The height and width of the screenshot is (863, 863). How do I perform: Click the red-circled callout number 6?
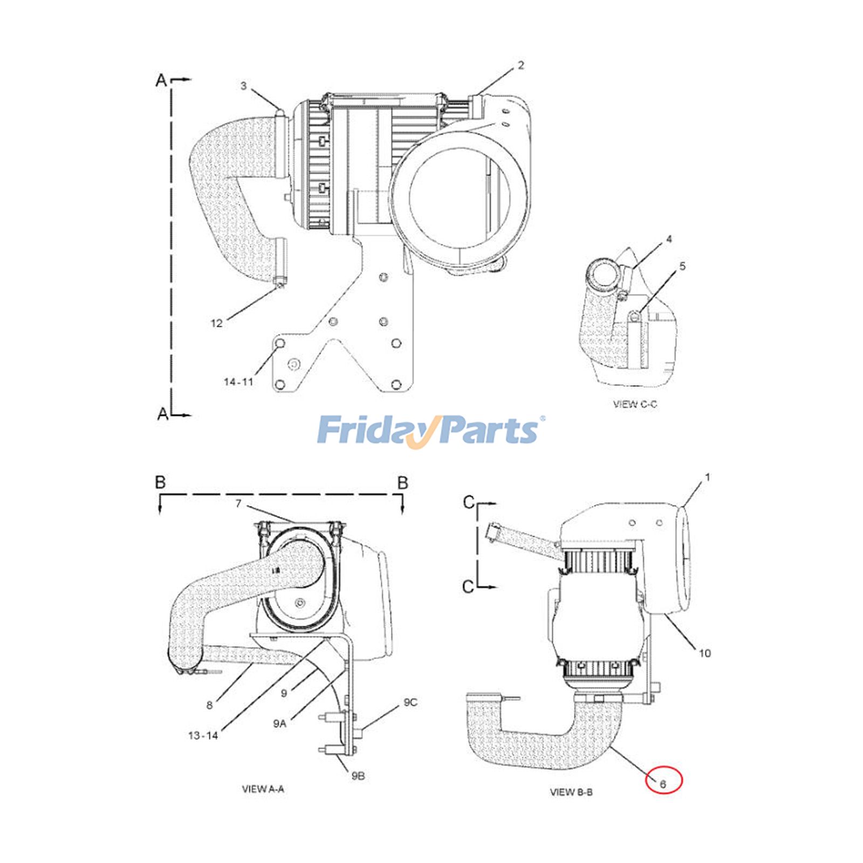(x=663, y=784)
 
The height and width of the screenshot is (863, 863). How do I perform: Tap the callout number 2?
(x=520, y=65)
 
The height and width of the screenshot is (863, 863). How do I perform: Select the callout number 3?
(x=243, y=86)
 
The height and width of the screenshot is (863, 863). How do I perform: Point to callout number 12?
(x=216, y=323)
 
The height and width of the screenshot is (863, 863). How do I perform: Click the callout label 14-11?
(x=238, y=382)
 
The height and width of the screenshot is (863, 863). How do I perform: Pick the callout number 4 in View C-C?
(x=669, y=239)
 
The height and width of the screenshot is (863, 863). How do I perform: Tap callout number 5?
(x=682, y=266)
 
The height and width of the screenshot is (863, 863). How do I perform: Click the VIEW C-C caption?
(x=635, y=404)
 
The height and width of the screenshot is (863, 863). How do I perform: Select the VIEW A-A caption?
(x=263, y=789)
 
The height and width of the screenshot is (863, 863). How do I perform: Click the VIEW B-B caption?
(x=571, y=792)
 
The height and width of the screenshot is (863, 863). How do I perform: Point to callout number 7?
(x=238, y=504)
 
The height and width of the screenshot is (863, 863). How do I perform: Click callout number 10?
(x=704, y=653)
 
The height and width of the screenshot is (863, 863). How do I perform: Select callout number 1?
(x=708, y=477)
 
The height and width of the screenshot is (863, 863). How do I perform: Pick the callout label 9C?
(x=410, y=702)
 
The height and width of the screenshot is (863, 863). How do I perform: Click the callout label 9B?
(x=358, y=776)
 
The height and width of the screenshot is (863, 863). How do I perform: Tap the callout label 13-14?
(x=203, y=735)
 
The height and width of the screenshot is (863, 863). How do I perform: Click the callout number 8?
(x=209, y=705)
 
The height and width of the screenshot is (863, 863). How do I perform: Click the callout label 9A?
(x=279, y=724)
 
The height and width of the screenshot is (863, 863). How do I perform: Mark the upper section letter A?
(x=161, y=80)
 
